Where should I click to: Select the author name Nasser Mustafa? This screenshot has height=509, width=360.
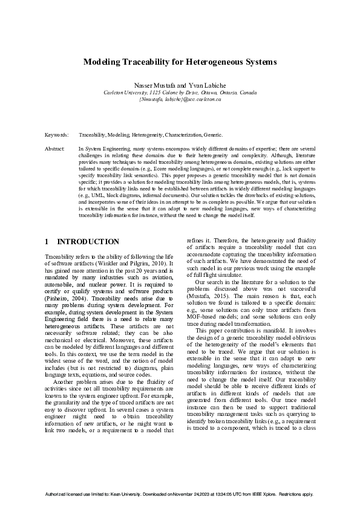pyautogui.click(x=153, y=86)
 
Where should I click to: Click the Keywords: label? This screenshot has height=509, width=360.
pyautogui.click(x=56, y=135)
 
